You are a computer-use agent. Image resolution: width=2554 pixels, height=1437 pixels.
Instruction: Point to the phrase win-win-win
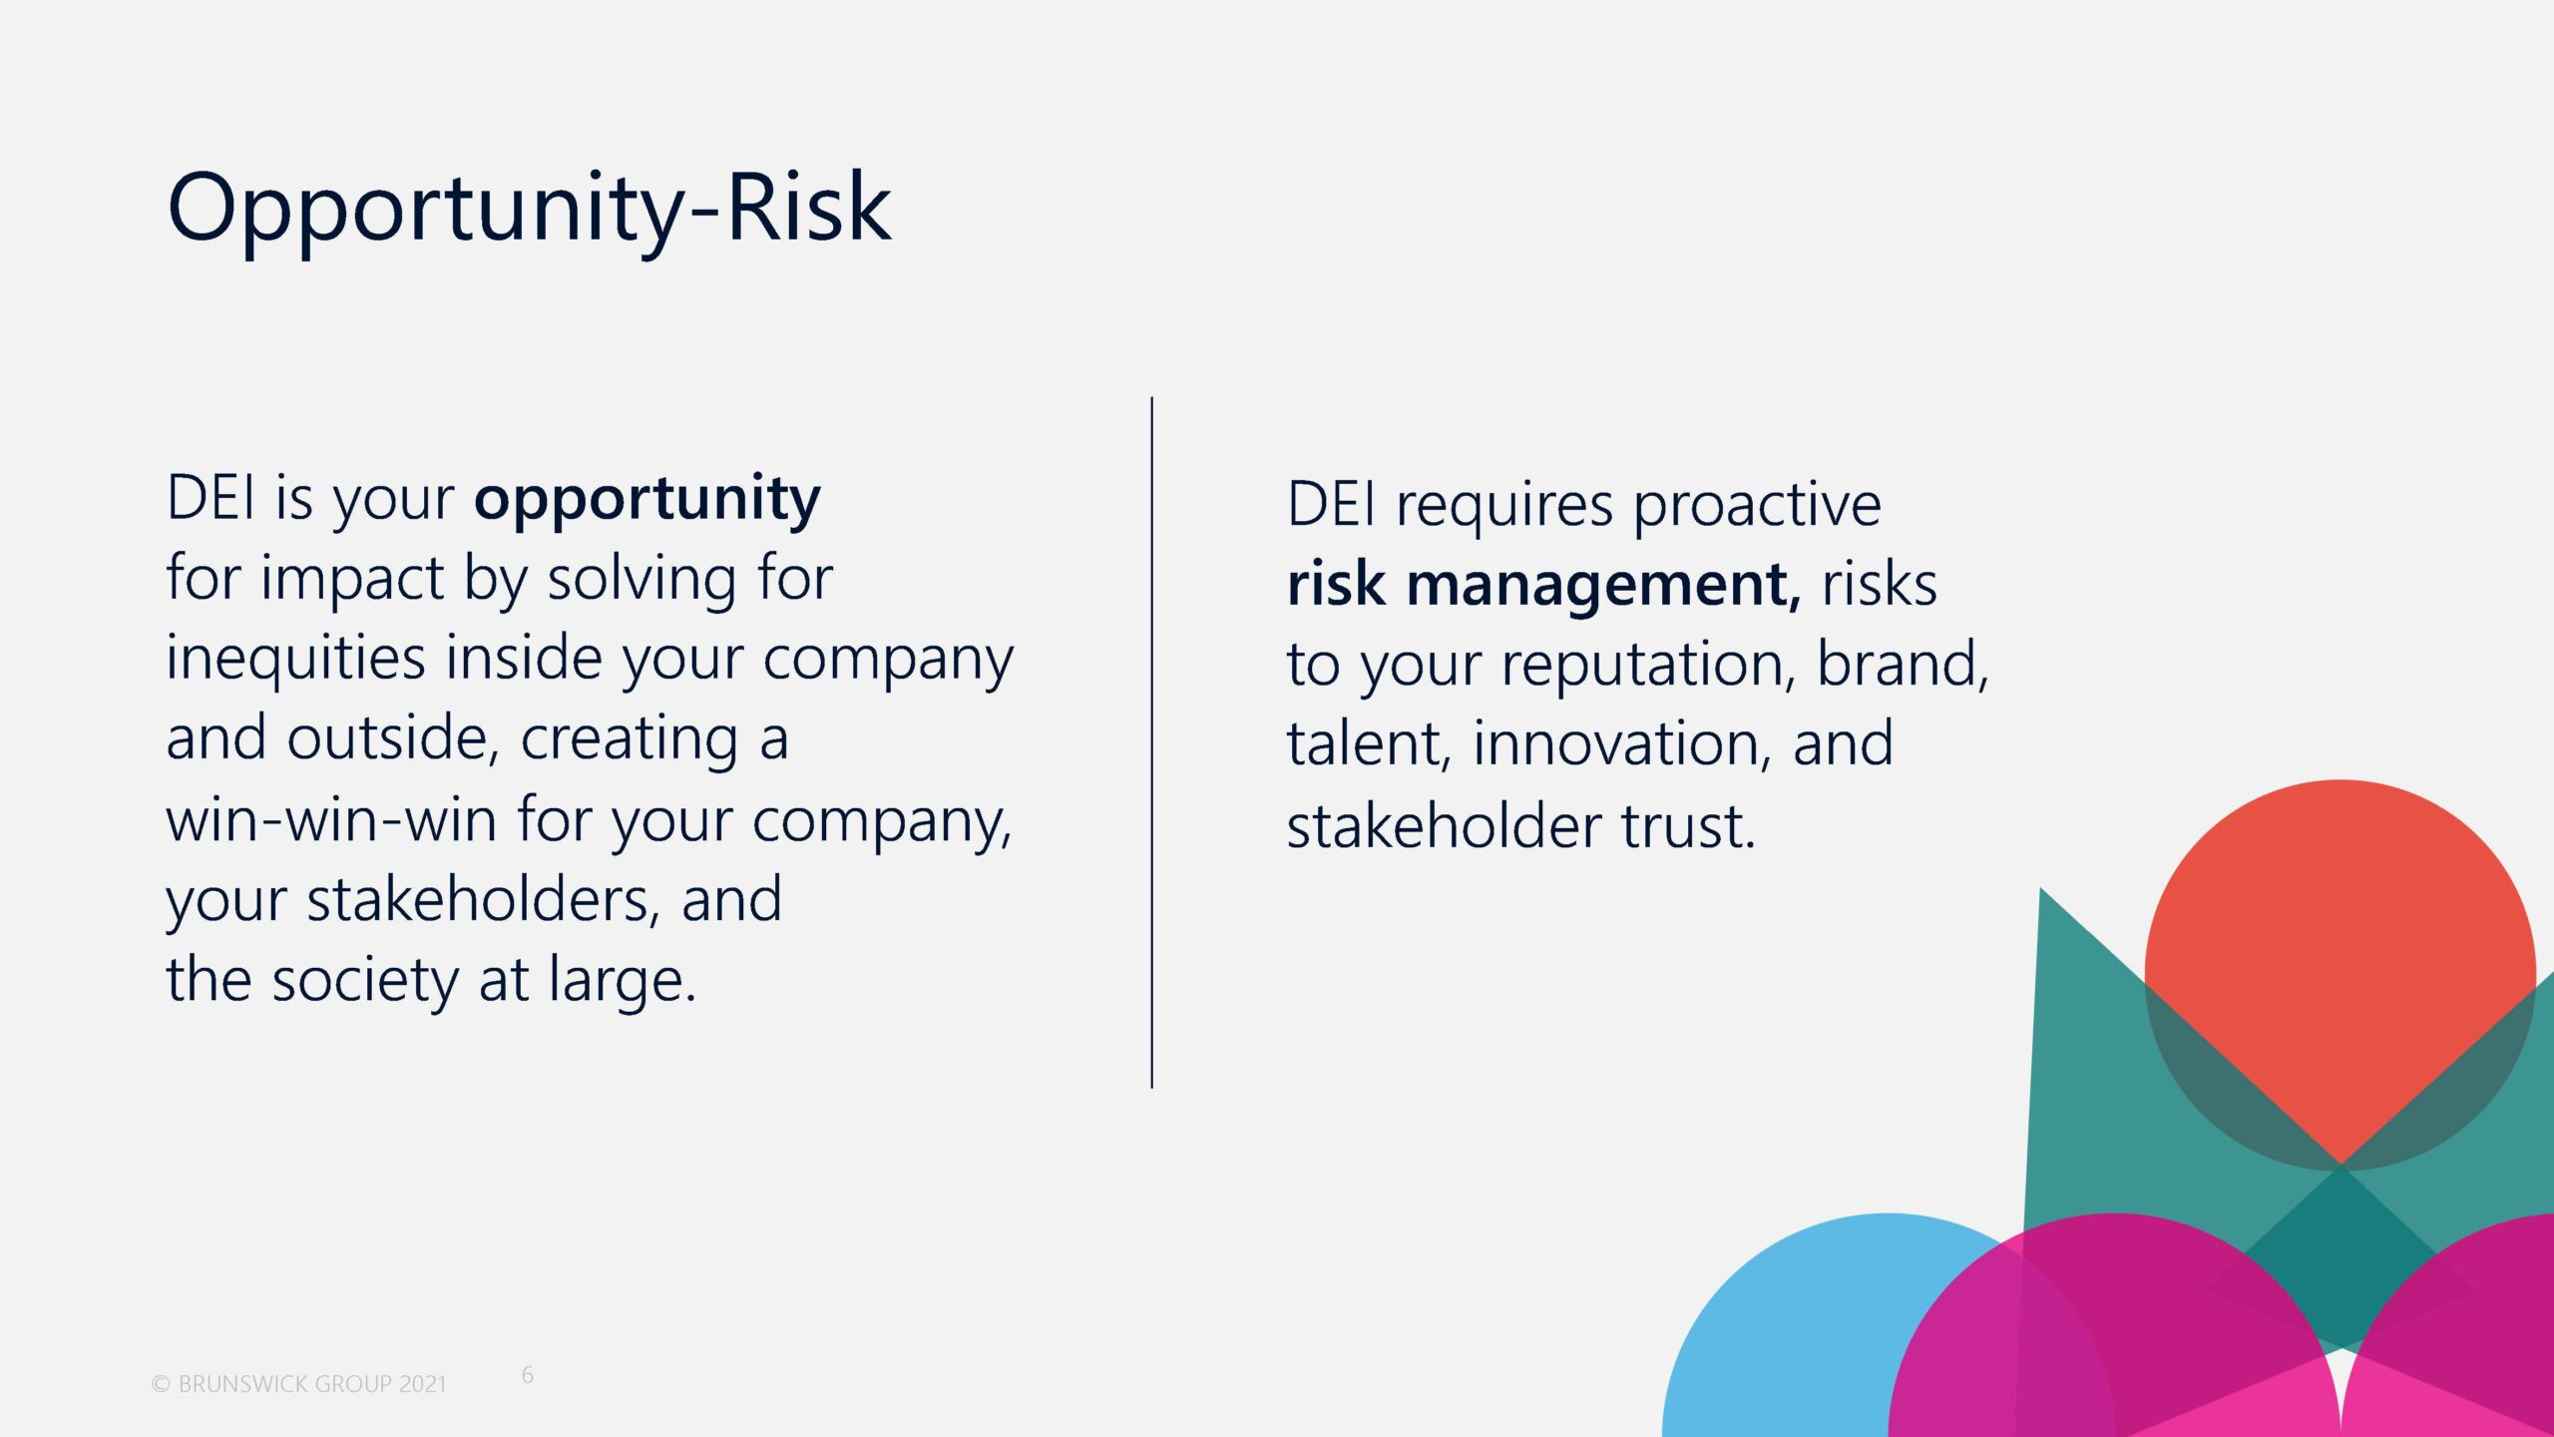coord(331,820)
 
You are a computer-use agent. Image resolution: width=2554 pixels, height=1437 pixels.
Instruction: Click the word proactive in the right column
coord(1757,507)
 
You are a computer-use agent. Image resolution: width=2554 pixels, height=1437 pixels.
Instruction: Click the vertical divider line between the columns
coord(1151,742)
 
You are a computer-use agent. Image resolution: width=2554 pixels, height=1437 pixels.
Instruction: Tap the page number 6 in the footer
coord(528,1375)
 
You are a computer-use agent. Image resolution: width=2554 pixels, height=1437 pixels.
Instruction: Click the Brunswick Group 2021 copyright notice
coord(298,1384)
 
